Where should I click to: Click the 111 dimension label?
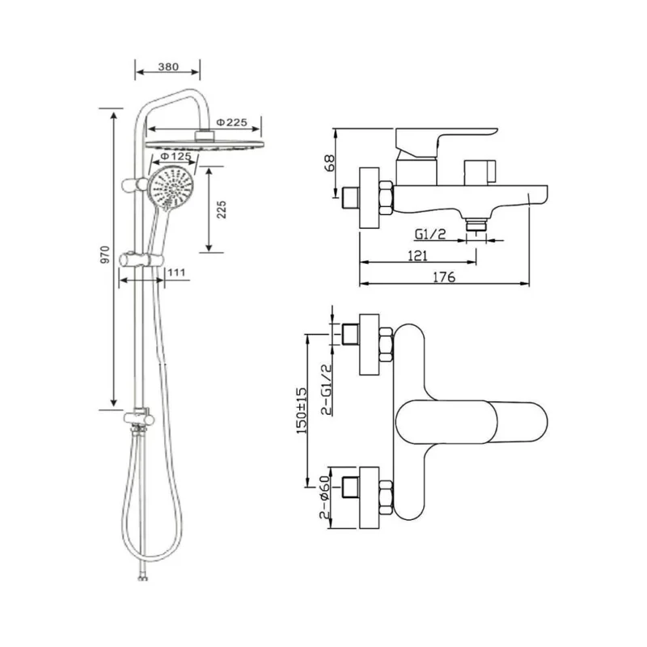pyautogui.click(x=176, y=273)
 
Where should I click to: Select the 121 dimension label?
pyautogui.click(x=417, y=255)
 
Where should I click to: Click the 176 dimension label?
pyautogui.click(x=444, y=277)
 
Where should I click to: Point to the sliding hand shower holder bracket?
pyautogui.click(x=141, y=260)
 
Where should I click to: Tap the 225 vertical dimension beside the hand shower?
pyautogui.click(x=222, y=209)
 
